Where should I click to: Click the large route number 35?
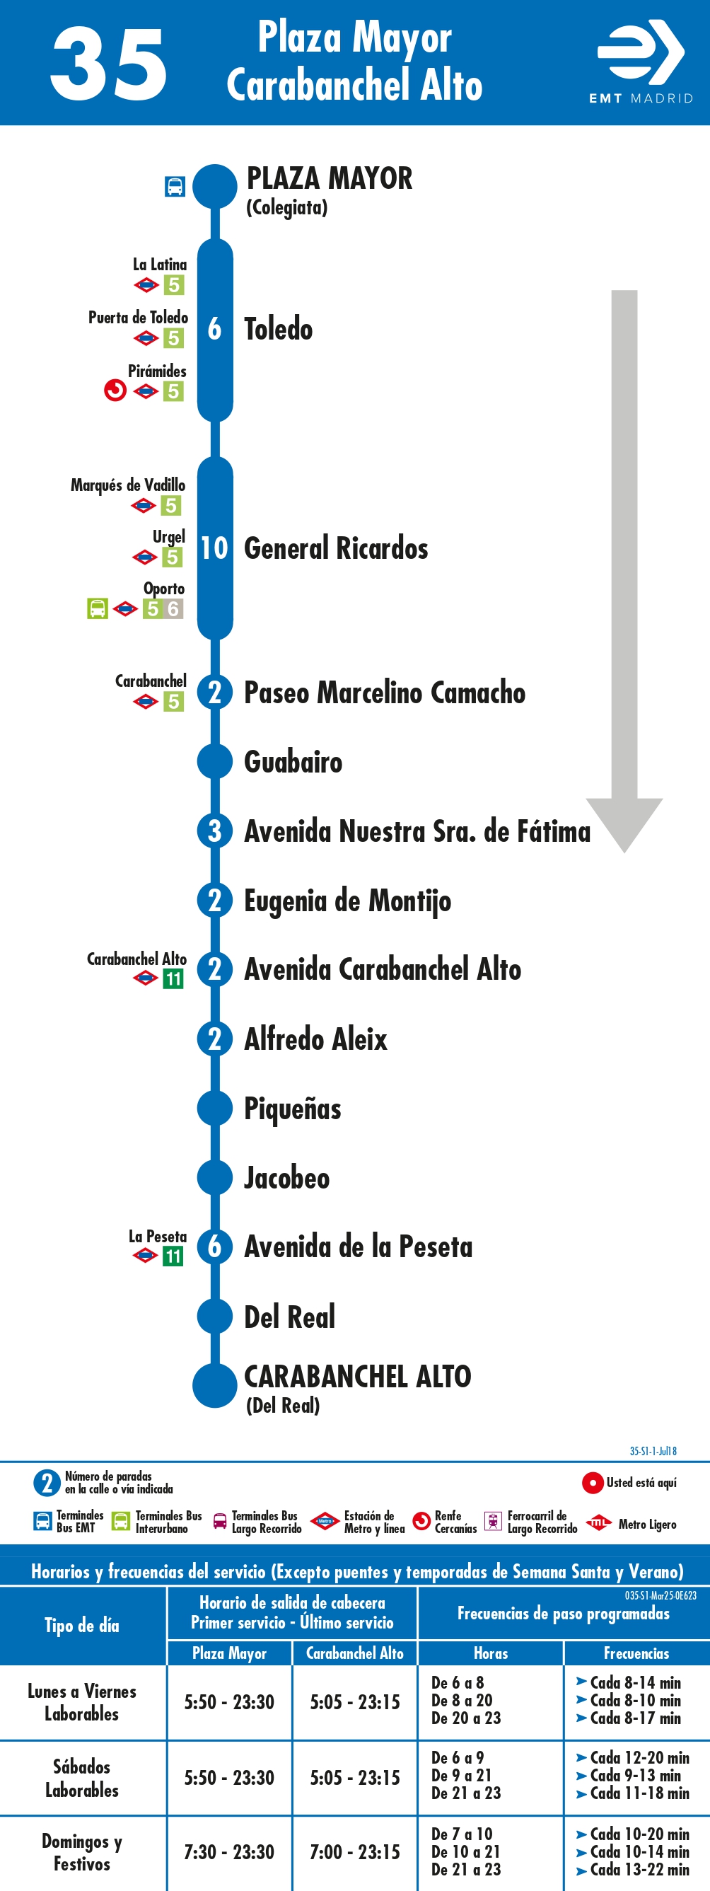(109, 64)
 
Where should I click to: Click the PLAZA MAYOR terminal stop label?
(330, 178)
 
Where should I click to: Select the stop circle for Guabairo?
(215, 761)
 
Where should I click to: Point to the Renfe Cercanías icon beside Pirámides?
(115, 391)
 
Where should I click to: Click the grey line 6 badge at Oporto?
(173, 608)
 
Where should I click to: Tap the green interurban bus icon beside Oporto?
(98, 608)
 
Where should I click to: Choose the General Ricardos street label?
(336, 548)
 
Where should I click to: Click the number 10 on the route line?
(214, 548)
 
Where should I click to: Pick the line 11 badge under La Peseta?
(173, 1256)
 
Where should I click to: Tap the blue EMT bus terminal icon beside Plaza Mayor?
(175, 187)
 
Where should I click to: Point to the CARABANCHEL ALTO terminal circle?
(215, 1385)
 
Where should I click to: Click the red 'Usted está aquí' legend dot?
(593, 1483)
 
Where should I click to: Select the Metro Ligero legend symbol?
(599, 1522)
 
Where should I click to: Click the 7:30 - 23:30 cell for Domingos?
(229, 1852)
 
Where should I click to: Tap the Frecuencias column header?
(636, 1653)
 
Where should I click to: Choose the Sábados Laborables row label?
(82, 1778)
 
